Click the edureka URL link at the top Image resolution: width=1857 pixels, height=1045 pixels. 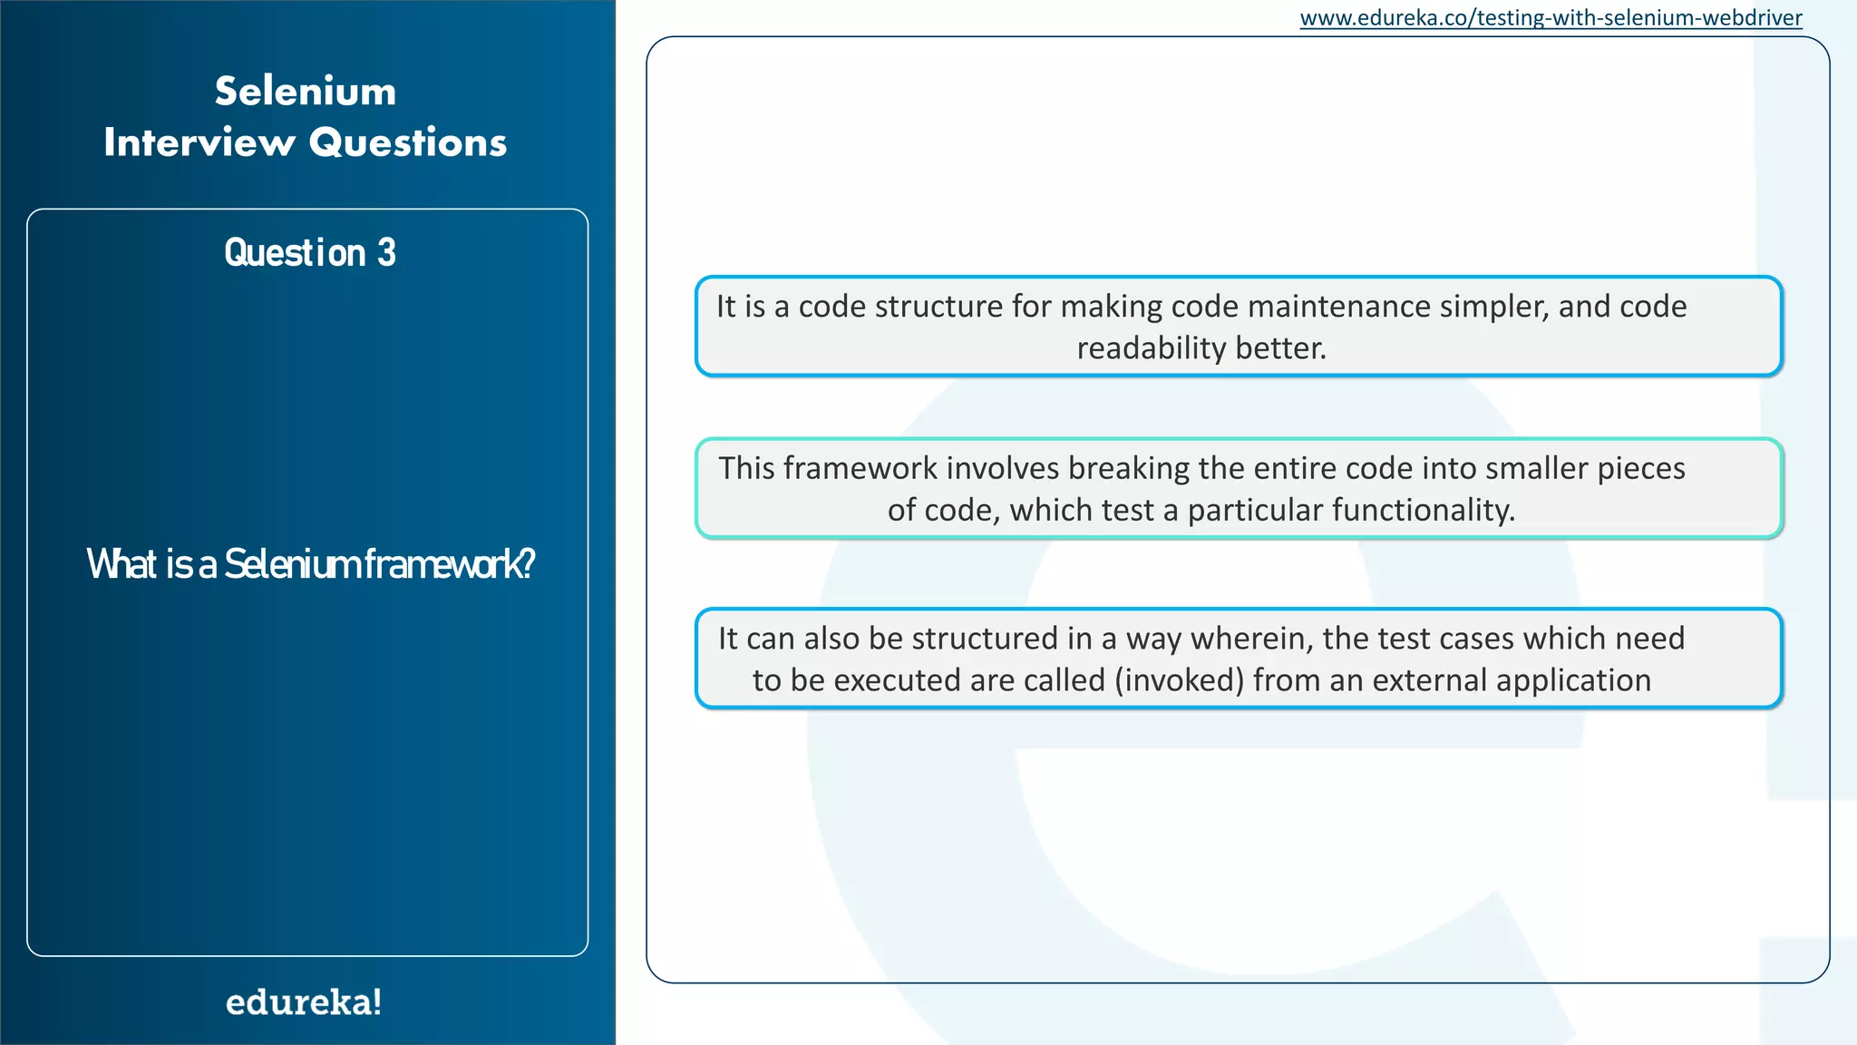click(1551, 18)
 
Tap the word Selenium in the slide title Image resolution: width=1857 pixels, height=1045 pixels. click(306, 92)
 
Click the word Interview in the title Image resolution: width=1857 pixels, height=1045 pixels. click(199, 142)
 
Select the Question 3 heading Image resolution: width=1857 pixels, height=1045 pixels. click(309, 253)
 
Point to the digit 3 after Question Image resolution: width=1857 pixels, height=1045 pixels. click(387, 253)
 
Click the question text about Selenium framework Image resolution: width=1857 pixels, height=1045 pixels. click(310, 563)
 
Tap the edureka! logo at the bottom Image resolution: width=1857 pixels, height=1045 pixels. click(304, 1001)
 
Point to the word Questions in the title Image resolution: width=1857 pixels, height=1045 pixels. click(408, 142)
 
